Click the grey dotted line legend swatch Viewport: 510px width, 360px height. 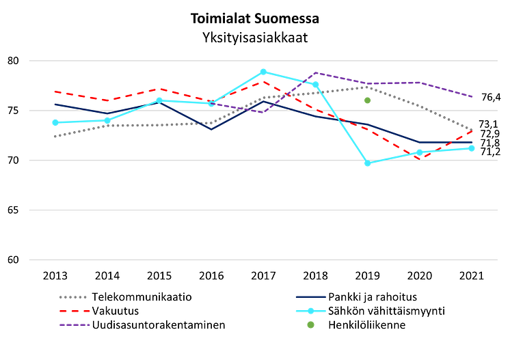[x=72, y=297]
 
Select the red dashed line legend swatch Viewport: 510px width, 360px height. [x=73, y=311]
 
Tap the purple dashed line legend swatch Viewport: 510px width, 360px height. [x=73, y=324]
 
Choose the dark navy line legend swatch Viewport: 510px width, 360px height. [x=310, y=297]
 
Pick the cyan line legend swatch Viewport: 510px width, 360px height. [x=310, y=311]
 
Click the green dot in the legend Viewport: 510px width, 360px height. [x=310, y=325]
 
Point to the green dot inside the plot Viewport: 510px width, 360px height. [x=367, y=100]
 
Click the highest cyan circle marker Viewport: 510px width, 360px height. [x=263, y=71]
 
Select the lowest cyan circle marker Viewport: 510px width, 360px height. [x=368, y=164]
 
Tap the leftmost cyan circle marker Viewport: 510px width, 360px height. [x=55, y=122]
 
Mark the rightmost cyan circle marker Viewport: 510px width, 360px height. [x=472, y=148]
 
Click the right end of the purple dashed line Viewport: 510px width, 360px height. [x=472, y=96]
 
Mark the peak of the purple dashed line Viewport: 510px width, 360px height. [x=315, y=72]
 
